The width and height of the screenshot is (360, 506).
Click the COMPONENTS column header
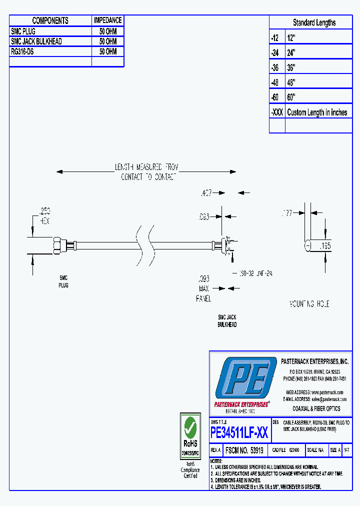click(x=50, y=20)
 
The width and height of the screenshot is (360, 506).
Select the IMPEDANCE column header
click(x=107, y=20)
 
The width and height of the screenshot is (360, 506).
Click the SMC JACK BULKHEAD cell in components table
click(x=36, y=41)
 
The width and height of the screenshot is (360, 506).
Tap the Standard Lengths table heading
click(x=314, y=22)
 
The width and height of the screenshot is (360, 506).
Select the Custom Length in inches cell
click(x=317, y=112)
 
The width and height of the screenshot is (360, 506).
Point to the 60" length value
click(x=291, y=97)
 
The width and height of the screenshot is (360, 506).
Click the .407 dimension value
click(x=206, y=192)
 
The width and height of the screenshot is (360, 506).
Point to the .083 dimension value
click(x=203, y=216)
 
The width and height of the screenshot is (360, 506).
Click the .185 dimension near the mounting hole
click(x=325, y=245)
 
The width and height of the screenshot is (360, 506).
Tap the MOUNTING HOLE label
click(x=309, y=304)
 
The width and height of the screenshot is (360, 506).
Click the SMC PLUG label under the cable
click(x=63, y=281)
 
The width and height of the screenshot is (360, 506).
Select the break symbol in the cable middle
click(x=142, y=245)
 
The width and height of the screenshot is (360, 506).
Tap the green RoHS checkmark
click(x=189, y=427)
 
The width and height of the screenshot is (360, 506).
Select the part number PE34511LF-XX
click(x=239, y=432)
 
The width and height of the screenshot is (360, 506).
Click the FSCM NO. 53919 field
click(x=244, y=450)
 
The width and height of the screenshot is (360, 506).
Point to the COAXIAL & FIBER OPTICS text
click(x=316, y=408)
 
